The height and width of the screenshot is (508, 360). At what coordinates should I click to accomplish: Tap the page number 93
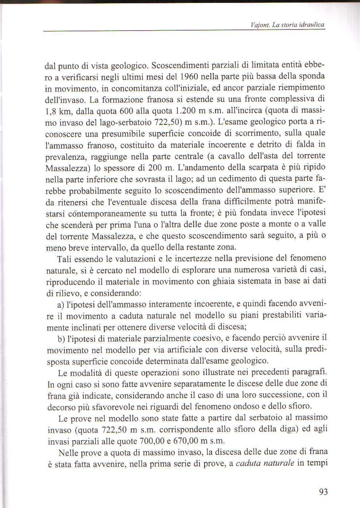(x=323, y=492)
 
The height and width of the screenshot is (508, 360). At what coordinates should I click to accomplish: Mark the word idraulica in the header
(x=312, y=25)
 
